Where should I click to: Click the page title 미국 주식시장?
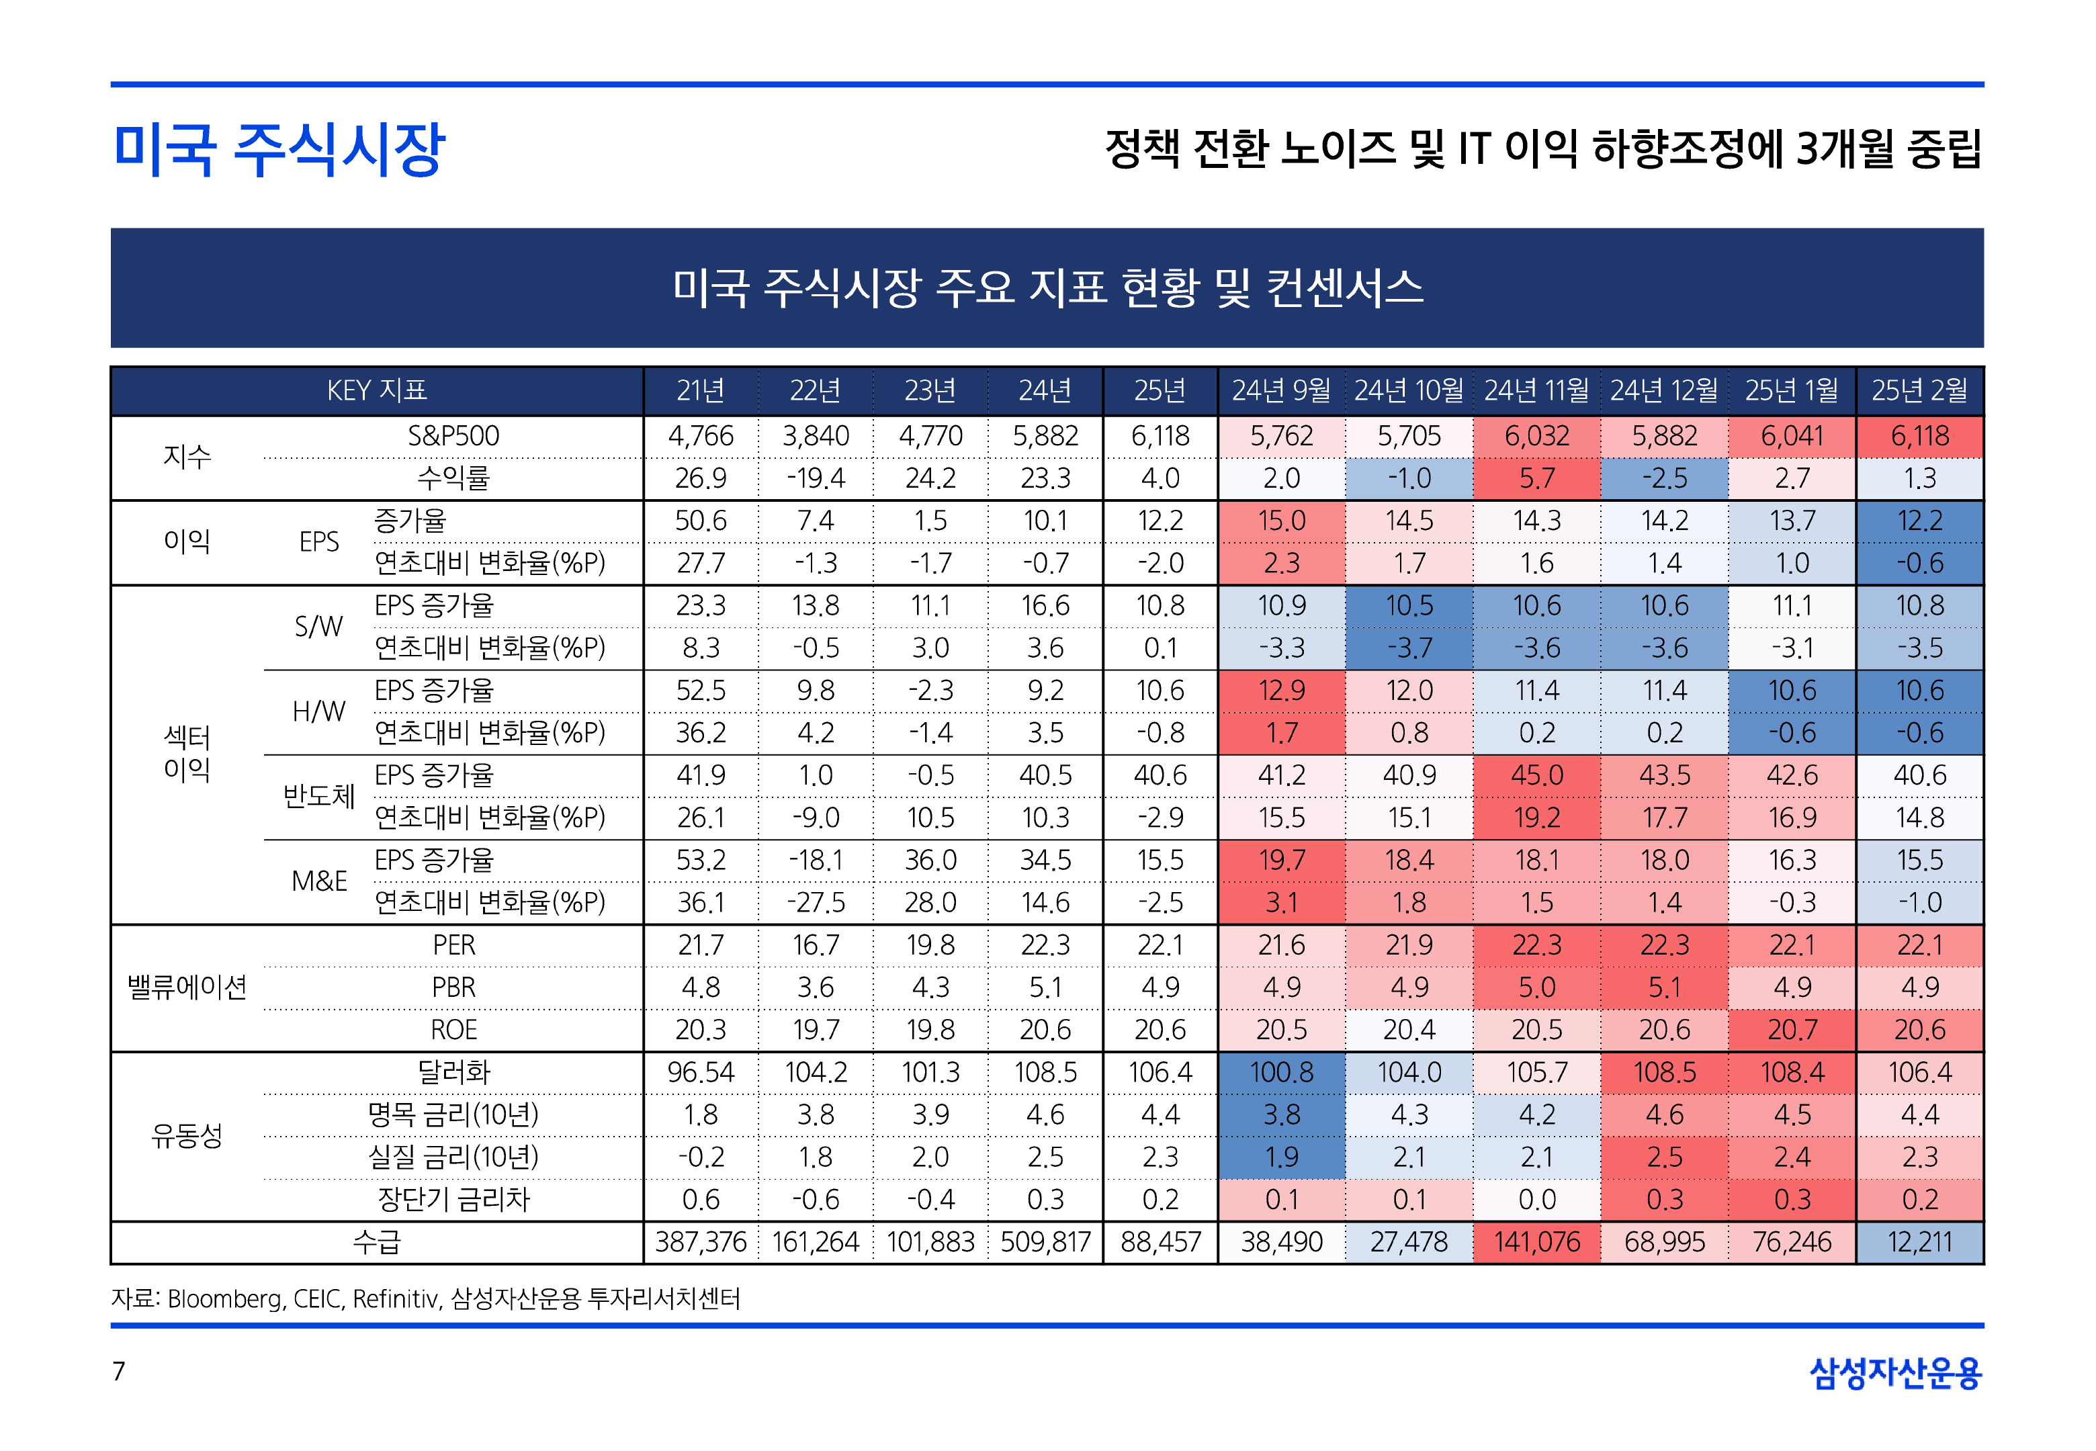(x=279, y=149)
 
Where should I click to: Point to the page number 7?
(x=118, y=1371)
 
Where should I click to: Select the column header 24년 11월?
(x=1536, y=391)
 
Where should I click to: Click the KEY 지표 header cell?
(x=376, y=391)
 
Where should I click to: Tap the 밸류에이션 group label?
(x=187, y=987)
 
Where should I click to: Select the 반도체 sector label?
(x=318, y=797)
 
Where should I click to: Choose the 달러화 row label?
(x=453, y=1072)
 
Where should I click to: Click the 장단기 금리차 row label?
(x=453, y=1199)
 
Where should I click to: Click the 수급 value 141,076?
(x=1536, y=1242)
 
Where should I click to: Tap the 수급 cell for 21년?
(x=700, y=1242)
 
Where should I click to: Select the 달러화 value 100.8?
(x=1282, y=1072)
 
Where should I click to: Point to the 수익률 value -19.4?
(x=816, y=478)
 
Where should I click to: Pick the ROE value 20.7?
(x=1792, y=1030)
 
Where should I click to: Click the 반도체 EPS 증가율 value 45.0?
(x=1536, y=775)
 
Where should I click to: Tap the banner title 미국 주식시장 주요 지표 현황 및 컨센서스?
(x=1047, y=288)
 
